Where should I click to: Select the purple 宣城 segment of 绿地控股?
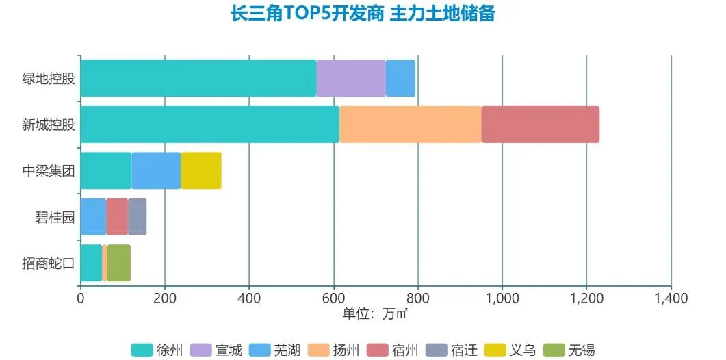pos(351,78)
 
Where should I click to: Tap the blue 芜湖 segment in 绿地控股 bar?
pos(400,78)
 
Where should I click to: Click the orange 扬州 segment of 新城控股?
pos(410,125)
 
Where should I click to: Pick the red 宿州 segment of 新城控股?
pos(540,125)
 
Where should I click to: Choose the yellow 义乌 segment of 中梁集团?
pos(200,170)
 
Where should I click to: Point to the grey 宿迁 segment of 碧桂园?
pos(137,216)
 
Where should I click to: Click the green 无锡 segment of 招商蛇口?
pos(118,263)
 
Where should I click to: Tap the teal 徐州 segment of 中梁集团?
pos(105,170)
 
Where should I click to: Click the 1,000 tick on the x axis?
pos(502,298)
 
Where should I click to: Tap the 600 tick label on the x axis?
pos(333,298)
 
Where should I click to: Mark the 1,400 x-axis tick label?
pos(671,298)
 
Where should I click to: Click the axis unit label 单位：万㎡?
pos(375,313)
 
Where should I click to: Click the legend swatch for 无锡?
pos(553,350)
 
